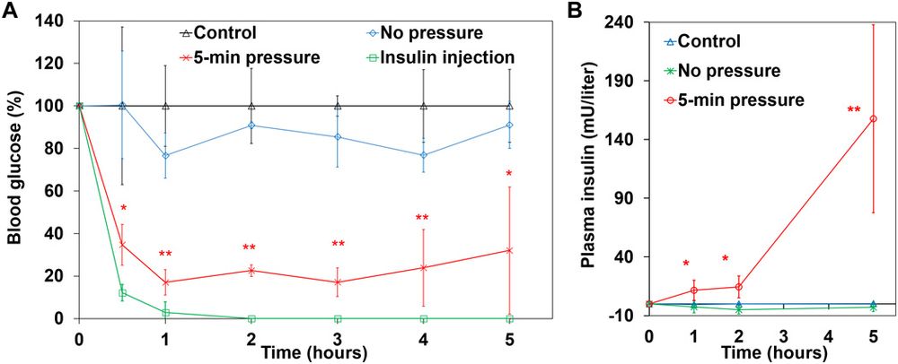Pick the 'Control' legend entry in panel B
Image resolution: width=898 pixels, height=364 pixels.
(709, 40)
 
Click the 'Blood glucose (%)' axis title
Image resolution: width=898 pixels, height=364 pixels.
(15, 169)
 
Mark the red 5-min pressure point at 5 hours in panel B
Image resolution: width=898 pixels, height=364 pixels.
(873, 118)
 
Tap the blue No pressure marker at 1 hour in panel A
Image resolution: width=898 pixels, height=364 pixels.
(165, 156)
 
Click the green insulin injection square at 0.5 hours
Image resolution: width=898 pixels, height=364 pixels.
(122, 293)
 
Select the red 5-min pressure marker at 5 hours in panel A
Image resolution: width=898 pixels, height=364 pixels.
(510, 250)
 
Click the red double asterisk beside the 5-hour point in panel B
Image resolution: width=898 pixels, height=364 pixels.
(854, 110)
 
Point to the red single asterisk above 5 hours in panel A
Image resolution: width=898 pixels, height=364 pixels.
(510, 174)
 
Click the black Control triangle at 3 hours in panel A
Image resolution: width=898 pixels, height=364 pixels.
(338, 106)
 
